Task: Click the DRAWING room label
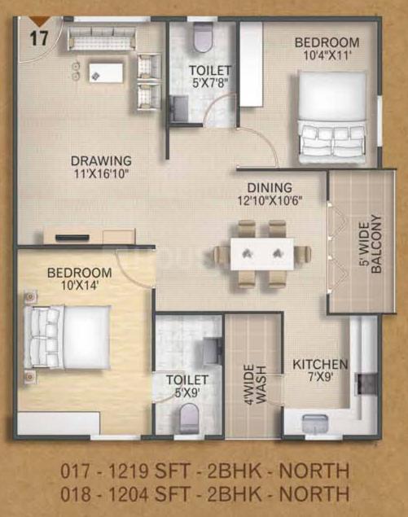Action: [101, 160]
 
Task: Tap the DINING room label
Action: [270, 187]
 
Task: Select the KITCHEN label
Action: [320, 364]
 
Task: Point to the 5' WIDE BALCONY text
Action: [371, 244]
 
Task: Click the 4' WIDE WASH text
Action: [255, 383]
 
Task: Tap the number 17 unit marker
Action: [39, 38]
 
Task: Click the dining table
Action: [262, 254]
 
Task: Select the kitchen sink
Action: [315, 423]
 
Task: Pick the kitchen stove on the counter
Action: [366, 383]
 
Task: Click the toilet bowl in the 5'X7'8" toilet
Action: [203, 37]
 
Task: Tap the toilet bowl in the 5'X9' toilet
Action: [190, 418]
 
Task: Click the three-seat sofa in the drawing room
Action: [102, 38]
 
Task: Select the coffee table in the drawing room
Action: [106, 72]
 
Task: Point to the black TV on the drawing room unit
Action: [72, 237]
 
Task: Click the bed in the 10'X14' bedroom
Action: [68, 336]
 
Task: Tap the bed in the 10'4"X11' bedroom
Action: [332, 116]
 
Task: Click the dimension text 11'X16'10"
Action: [101, 173]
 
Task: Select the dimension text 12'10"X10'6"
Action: [270, 200]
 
